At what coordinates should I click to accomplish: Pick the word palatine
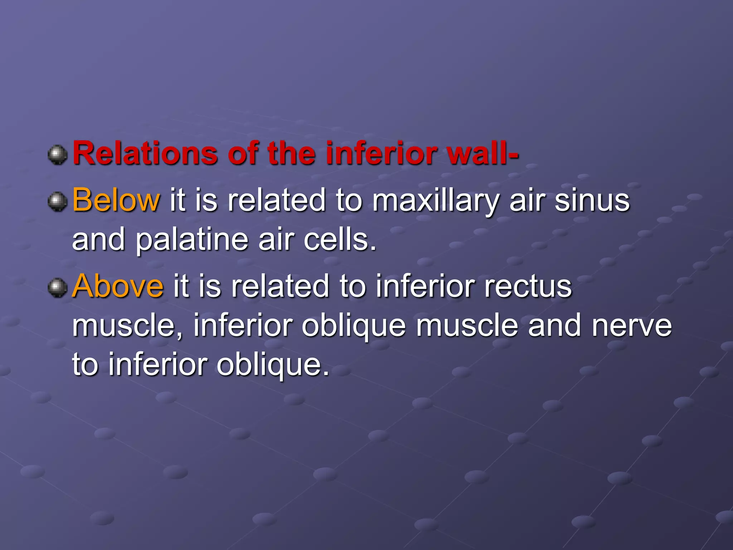coord(192,240)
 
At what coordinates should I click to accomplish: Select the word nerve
coord(632,326)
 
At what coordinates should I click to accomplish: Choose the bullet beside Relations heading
coord(58,155)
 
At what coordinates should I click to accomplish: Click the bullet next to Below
coord(58,202)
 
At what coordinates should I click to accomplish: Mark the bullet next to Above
coord(58,288)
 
